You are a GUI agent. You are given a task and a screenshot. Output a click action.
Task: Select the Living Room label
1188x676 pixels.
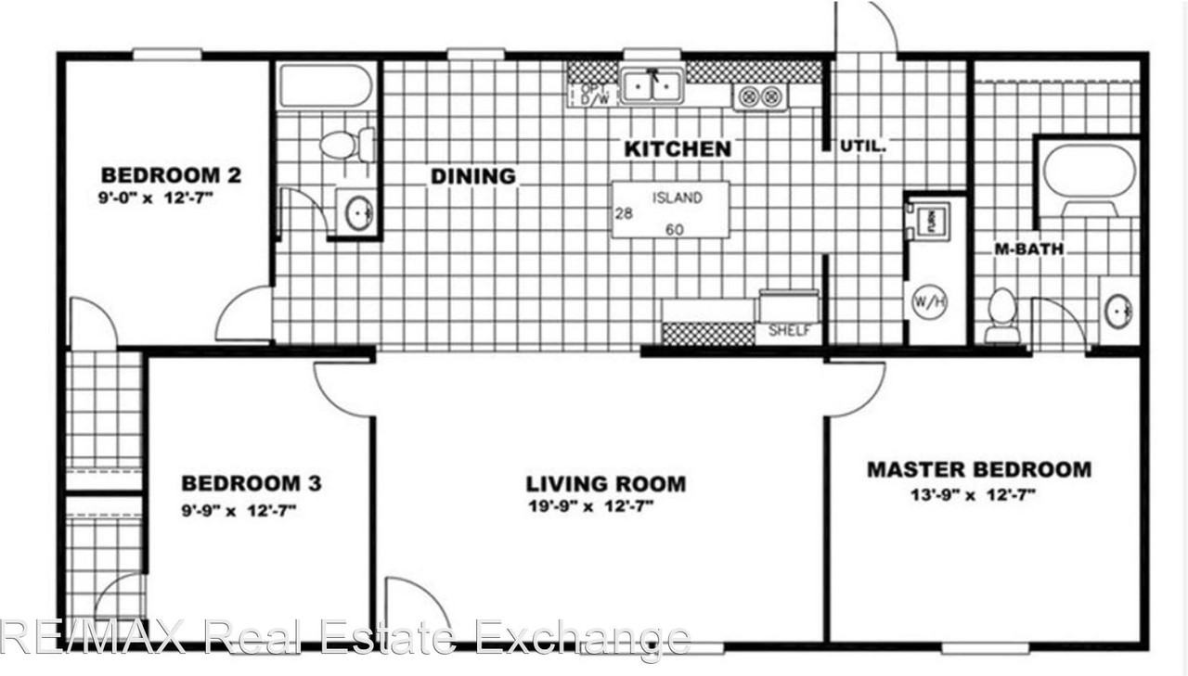tap(605, 483)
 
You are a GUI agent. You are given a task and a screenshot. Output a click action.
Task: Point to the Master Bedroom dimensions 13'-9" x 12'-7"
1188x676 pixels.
tap(974, 494)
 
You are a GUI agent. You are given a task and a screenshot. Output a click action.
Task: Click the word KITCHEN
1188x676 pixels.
tap(677, 148)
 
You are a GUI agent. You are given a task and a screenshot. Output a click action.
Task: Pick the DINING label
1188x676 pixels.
tap(472, 175)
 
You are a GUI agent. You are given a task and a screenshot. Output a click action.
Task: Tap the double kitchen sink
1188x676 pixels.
tap(652, 87)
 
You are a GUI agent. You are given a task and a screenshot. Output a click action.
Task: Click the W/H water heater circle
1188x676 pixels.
tap(929, 302)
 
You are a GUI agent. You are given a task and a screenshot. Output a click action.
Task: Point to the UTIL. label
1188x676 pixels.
tap(864, 146)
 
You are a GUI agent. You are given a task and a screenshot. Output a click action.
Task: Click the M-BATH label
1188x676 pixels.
tap(1028, 249)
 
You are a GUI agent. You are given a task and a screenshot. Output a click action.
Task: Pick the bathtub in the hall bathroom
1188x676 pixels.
tap(326, 86)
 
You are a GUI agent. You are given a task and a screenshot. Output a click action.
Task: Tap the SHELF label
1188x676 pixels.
tap(789, 331)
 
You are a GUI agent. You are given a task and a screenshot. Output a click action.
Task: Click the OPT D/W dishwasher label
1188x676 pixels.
tap(593, 94)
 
